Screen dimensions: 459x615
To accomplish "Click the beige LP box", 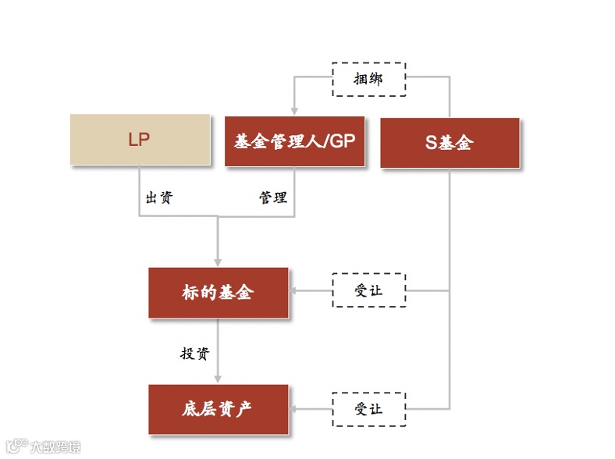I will (140, 140).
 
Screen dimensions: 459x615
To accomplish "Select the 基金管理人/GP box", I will (294, 141).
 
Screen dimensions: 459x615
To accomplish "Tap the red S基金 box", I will (450, 143).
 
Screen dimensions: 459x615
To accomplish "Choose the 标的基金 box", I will (218, 293).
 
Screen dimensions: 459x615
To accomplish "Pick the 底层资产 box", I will (218, 409).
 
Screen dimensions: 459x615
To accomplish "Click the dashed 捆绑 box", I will (368, 79).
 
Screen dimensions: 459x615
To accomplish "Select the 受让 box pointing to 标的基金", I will (368, 291).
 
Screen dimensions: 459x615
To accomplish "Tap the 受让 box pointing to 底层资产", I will (368, 408).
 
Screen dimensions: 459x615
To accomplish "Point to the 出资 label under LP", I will (158, 197).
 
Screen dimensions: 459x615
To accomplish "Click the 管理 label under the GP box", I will (273, 197).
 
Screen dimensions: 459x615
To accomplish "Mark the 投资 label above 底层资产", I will (195, 353).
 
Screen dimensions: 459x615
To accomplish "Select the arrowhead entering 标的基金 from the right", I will (295, 291).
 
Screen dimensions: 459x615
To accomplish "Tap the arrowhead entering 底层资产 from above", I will (218, 379).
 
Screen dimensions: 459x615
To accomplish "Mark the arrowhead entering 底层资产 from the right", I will (295, 408).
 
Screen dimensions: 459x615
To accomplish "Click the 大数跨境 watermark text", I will (55, 448).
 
